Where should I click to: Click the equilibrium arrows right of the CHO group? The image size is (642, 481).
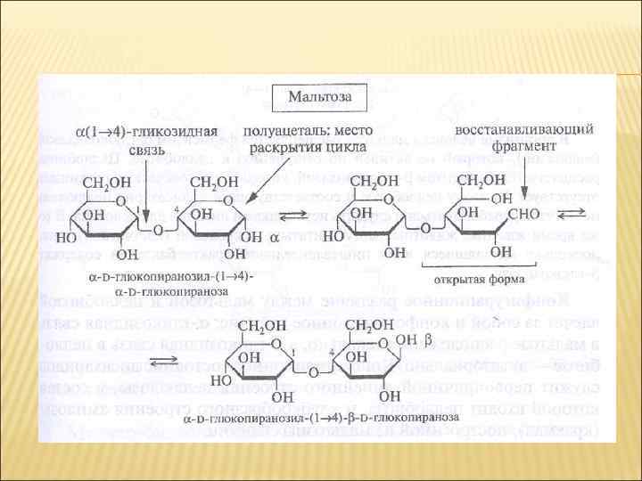pos(575,214)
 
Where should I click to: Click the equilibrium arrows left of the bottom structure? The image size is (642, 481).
pos(164,360)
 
